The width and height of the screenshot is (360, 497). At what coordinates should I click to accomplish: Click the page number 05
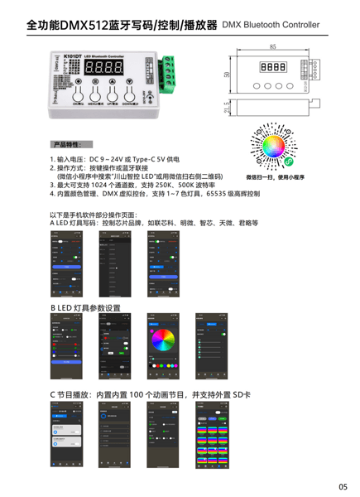pyautogui.click(x=342, y=485)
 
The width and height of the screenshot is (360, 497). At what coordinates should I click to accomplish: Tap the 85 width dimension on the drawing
pyautogui.click(x=272, y=47)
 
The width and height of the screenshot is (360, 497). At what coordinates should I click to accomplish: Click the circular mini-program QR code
pyautogui.click(x=274, y=148)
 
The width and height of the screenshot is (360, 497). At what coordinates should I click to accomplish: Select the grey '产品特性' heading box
pyautogui.click(x=71, y=143)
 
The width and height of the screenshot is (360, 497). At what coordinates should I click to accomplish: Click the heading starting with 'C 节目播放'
pyautogui.click(x=150, y=394)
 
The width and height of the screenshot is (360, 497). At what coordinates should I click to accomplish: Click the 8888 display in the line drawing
pyautogui.click(x=273, y=69)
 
